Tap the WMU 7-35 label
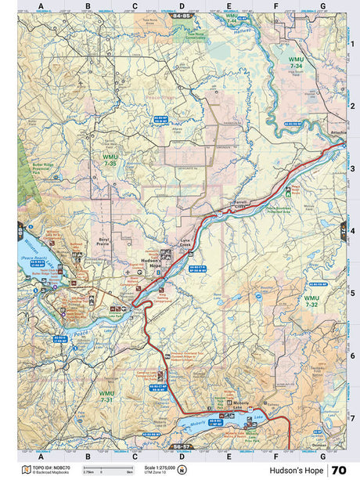pos(110,161)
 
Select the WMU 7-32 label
pos(311,300)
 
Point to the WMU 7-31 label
pos(107,396)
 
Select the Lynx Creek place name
pos(185,244)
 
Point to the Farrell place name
pos(241,202)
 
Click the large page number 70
pos(338,471)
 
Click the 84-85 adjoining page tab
pos(182,16)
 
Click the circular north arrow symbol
pos(182,471)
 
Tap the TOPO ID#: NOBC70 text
pos(52,467)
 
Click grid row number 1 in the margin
pos(352,44)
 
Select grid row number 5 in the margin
pos(352,293)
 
